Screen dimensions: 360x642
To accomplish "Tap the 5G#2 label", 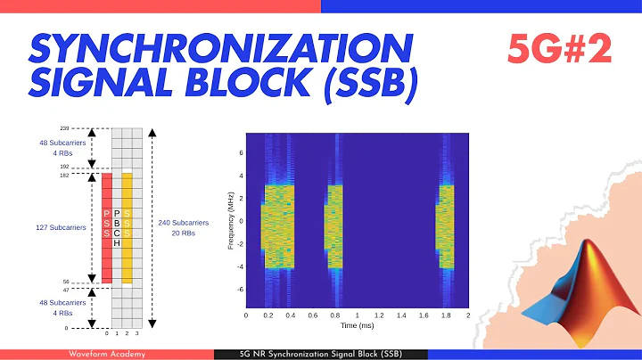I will [560, 50].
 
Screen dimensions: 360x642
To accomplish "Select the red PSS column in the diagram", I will [107, 227].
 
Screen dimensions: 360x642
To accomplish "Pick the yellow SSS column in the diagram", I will [128, 227].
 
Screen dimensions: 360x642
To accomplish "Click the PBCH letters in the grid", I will [117, 227].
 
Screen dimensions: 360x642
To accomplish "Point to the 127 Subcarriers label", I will [60, 228].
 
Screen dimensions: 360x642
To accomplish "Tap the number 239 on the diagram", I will [90, 128].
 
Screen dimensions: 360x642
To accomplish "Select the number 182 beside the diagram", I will [90, 174].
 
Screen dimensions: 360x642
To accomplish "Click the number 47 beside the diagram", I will [91, 290].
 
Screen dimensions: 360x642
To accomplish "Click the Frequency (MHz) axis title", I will [232, 217].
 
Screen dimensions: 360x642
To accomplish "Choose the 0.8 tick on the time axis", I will [335, 315].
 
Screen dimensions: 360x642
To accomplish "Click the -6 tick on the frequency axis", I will [239, 290].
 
